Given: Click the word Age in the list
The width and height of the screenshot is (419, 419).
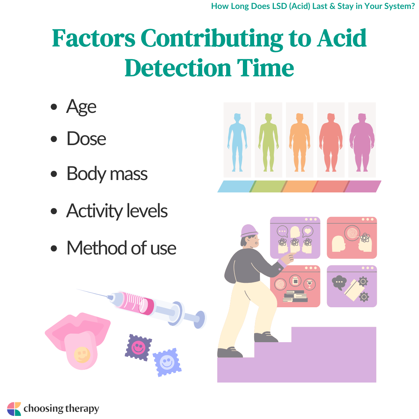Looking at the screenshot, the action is tap(81, 107).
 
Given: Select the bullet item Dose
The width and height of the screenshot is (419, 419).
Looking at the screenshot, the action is tap(86, 139).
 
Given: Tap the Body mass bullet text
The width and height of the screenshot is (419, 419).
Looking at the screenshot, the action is tap(107, 174).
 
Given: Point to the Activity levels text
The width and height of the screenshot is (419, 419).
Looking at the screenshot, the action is tap(117, 211).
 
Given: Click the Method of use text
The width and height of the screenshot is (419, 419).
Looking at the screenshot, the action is tap(121, 248).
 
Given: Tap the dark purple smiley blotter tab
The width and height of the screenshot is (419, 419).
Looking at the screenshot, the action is tap(139, 347).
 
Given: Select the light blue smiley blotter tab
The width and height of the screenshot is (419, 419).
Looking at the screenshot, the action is tap(167, 362).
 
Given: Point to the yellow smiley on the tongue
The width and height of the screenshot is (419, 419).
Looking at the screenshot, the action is tap(82, 355).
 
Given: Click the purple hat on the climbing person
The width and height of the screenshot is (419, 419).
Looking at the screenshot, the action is tap(249, 230).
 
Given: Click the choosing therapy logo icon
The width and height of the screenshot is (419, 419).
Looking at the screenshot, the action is tap(14, 409).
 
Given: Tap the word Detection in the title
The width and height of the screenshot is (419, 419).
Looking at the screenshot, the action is tap(178, 68).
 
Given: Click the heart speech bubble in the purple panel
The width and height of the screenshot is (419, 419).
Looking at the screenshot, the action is tap(308, 231).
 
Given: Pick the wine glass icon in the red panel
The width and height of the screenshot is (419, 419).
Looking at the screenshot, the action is tap(310, 284).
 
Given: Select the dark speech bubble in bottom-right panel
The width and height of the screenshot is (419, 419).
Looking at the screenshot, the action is tap(339, 282).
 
